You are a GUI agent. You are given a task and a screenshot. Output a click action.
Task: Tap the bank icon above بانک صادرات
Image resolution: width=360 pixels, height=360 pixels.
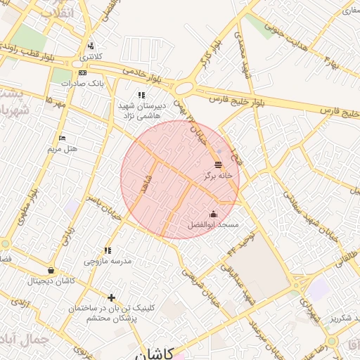83,72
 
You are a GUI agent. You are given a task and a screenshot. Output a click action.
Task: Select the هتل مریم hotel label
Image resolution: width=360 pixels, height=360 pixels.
62,148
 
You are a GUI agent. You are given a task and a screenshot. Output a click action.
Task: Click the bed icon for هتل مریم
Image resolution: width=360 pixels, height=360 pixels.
63,138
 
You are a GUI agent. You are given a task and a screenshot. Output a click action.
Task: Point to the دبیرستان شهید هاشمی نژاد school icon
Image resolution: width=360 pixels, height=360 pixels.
141,95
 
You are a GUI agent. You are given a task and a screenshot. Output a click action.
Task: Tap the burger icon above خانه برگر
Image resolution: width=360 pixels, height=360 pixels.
218,164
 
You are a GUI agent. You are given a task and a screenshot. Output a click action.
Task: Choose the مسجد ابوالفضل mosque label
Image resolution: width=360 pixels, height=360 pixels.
214,224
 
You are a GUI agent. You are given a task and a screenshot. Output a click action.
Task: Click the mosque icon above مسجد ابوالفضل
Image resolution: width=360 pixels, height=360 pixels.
214,214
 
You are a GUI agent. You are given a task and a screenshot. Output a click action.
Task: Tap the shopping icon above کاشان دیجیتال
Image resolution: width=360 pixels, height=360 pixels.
51,271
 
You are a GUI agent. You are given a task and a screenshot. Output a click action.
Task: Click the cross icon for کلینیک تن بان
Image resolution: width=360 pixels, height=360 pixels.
110,297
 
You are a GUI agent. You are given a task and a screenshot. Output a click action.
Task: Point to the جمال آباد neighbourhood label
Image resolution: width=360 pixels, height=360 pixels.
25,339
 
